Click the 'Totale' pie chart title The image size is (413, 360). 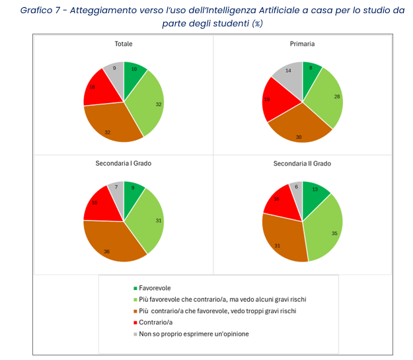click(124, 44)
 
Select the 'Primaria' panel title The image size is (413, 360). click(302, 44)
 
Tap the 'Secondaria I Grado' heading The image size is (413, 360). click(124, 163)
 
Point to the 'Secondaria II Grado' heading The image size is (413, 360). click(302, 163)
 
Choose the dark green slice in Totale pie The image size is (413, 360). click(134, 72)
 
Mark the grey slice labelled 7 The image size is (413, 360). click(116, 188)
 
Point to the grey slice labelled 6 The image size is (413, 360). click(296, 190)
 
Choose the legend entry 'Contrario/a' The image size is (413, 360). click(157, 322)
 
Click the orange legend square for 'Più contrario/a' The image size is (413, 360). click(135, 311)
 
